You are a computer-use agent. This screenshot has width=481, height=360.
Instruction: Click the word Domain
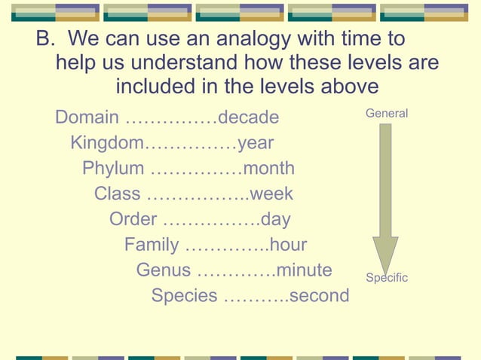[87, 117]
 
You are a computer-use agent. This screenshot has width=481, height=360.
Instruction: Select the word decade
[248, 117]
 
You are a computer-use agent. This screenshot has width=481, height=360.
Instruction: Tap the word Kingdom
[106, 143]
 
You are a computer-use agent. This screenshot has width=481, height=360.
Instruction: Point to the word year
[255, 143]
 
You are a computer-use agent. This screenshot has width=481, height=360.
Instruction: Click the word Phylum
[112, 168]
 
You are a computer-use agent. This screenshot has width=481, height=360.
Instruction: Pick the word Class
[117, 194]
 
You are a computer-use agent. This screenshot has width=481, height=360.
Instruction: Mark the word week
[271, 194]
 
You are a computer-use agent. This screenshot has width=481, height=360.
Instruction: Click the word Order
[133, 219]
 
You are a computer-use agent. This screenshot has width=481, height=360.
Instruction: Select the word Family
[152, 245]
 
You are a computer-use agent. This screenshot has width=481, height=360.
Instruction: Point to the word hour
[288, 245]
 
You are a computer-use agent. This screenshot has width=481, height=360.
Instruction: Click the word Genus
[164, 270]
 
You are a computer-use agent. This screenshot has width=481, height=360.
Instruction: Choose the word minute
[304, 270]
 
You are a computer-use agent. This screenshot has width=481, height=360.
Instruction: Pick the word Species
[184, 295]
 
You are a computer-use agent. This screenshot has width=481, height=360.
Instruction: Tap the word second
[319, 295]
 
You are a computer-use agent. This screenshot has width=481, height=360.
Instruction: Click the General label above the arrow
[386, 113]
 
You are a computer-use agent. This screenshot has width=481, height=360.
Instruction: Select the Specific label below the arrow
[386, 278]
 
